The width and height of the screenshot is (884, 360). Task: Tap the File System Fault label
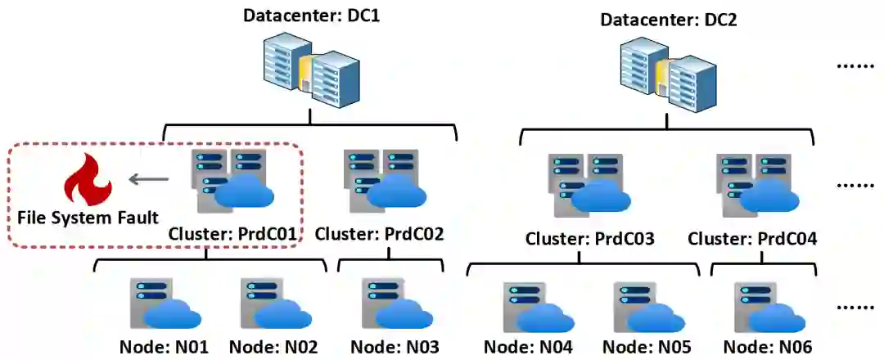coord(87,218)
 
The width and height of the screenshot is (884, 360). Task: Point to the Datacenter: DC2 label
coord(669,19)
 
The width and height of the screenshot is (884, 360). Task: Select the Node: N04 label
coord(528,347)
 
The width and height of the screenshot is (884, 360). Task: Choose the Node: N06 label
coord(768,347)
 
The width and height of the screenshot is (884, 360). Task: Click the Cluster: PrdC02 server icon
coord(381,180)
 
